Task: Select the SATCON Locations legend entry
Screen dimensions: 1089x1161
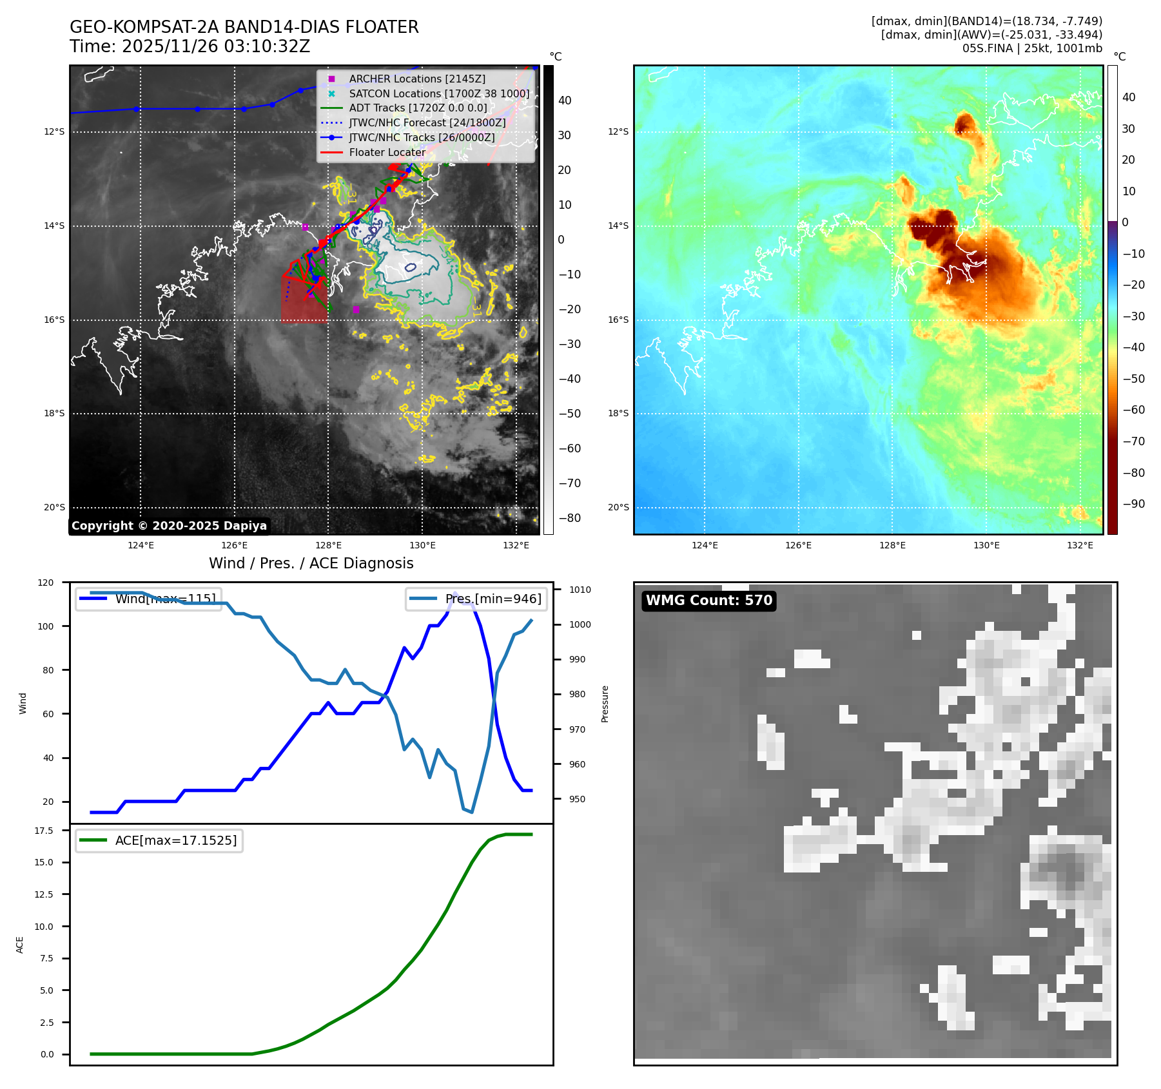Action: (439, 93)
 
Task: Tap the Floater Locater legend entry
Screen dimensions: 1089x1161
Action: (387, 152)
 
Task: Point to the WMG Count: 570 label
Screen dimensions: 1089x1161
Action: (708, 601)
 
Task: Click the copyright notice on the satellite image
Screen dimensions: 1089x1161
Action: (169, 526)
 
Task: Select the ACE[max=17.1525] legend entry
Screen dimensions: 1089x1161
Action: (175, 840)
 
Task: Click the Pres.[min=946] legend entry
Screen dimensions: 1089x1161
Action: (493, 599)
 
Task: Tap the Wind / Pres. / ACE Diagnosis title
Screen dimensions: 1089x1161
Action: (311, 563)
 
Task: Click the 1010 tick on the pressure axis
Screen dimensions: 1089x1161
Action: (580, 590)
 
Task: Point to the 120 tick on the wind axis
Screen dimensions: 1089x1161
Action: (46, 583)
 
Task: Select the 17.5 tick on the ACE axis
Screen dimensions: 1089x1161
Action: (44, 831)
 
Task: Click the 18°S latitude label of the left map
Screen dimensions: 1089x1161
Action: (54, 414)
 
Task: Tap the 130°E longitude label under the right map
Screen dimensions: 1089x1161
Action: (986, 545)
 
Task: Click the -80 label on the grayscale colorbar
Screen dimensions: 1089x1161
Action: (569, 518)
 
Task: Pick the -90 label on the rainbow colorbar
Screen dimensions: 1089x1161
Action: (1133, 504)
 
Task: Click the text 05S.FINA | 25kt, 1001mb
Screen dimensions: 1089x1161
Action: (1032, 48)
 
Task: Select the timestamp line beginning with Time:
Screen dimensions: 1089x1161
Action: (190, 47)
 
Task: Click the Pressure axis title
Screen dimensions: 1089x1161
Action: (605, 704)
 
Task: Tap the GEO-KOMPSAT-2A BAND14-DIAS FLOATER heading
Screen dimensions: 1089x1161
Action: (244, 27)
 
